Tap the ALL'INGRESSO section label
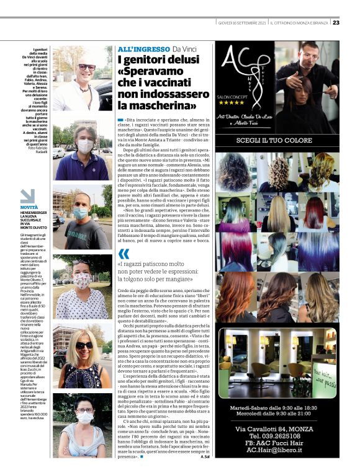(143, 49)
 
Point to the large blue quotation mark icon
(124, 253)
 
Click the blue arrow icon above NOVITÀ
(27, 196)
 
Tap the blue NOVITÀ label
(29, 207)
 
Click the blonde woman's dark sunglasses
(83, 345)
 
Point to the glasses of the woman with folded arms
(84, 410)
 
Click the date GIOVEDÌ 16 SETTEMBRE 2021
(242, 23)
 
